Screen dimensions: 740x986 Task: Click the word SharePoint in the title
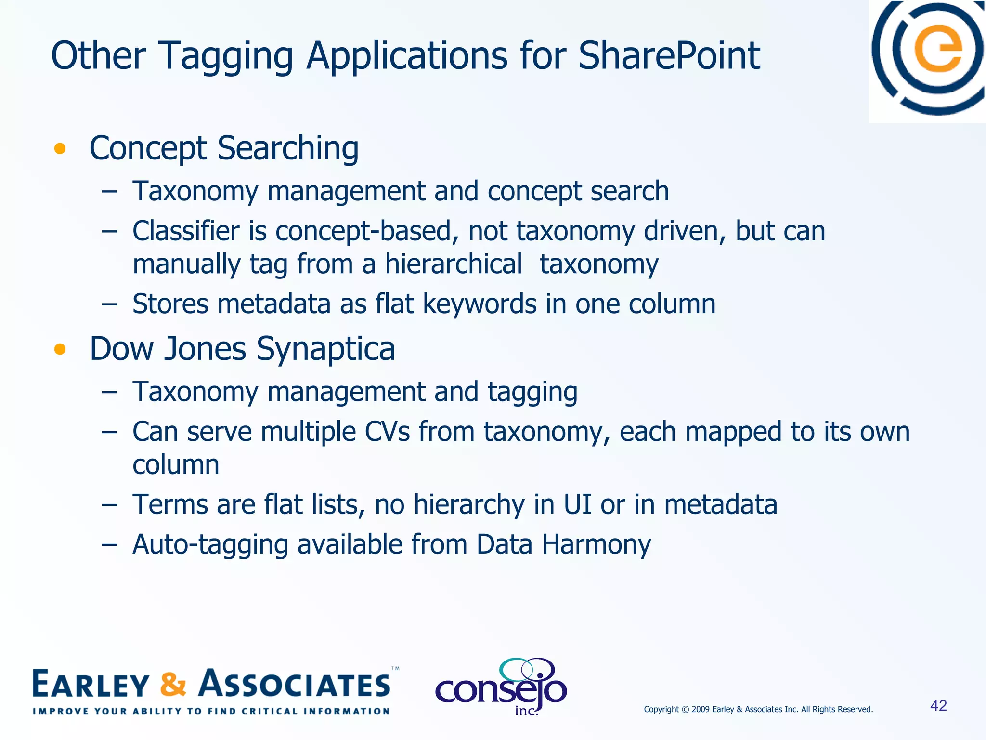tap(669, 56)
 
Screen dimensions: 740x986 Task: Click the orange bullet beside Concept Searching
tap(60, 148)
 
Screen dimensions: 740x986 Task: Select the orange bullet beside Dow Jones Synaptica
tap(60, 349)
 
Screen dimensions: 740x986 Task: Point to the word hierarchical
tap(453, 264)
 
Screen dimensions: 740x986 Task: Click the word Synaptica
tap(325, 349)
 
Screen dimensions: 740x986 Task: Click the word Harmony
tap(596, 545)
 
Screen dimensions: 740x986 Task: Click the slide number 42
tap(938, 706)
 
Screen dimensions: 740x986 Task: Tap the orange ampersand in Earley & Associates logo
tap(173, 684)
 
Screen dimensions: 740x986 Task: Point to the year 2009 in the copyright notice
tap(701, 709)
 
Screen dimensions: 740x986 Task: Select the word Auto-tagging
tap(210, 545)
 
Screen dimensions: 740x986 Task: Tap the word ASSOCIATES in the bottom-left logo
tap(295, 684)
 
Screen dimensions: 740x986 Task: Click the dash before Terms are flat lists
tap(109, 505)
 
